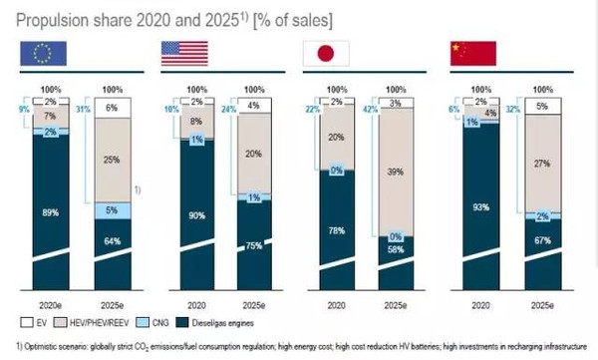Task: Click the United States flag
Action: pyautogui.click(x=184, y=54)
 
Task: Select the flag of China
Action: pyautogui.click(x=471, y=54)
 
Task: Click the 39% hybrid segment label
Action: pyautogui.click(x=396, y=171)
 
